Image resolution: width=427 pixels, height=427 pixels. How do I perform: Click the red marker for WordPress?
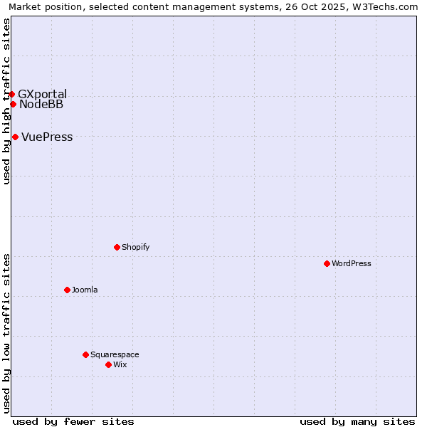coord(327,263)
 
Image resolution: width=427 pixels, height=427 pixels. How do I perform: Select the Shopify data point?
coord(117,247)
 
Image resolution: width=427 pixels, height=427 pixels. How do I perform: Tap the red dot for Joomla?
coord(67,290)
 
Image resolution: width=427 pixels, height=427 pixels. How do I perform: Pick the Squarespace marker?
coord(85,354)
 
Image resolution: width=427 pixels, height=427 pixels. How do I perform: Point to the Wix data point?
coord(108,364)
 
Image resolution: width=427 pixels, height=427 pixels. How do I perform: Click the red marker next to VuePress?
coord(15,137)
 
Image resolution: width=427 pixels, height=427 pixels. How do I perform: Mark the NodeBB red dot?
coord(13,104)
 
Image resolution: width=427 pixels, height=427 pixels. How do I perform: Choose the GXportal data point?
coord(11,94)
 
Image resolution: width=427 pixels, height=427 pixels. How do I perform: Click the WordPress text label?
coord(352,263)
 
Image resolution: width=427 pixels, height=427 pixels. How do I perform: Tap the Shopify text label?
coord(135,247)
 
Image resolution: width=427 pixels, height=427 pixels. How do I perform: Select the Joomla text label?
coord(85,290)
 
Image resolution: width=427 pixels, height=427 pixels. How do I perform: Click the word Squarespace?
coord(115,354)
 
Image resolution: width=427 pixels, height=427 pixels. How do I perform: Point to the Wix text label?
coord(120,364)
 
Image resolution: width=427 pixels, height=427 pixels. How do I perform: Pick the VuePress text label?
coord(47,137)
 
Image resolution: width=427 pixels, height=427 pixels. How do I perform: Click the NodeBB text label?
coord(41,105)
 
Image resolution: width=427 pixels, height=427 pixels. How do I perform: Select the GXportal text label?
coord(42,94)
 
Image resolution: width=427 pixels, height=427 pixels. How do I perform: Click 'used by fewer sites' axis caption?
coord(73,421)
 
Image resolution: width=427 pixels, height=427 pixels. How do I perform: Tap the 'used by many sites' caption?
coord(357,421)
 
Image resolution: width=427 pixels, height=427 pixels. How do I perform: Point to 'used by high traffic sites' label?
coord(6,101)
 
